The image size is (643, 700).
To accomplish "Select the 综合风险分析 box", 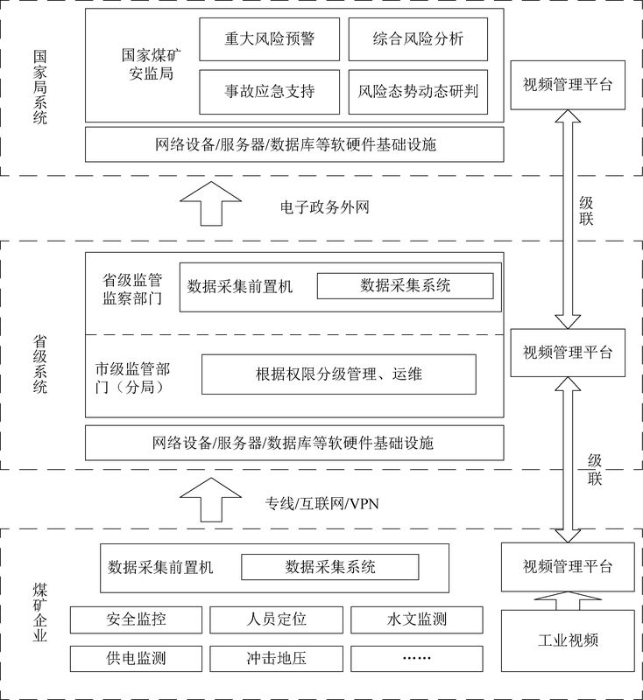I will (419, 38).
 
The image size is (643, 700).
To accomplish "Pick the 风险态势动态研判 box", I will (419, 90).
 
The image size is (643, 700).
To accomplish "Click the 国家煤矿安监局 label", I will (146, 64).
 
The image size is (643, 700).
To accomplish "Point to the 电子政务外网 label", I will (324, 208).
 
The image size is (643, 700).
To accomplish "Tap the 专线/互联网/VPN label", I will (322, 502).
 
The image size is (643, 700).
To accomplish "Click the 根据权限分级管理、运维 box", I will (339, 374).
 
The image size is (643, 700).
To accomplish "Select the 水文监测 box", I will (416, 620).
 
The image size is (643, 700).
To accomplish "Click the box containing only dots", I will (416, 658).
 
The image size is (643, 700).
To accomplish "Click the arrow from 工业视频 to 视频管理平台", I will (568, 599).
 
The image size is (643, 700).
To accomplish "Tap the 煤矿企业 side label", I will (39, 612).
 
